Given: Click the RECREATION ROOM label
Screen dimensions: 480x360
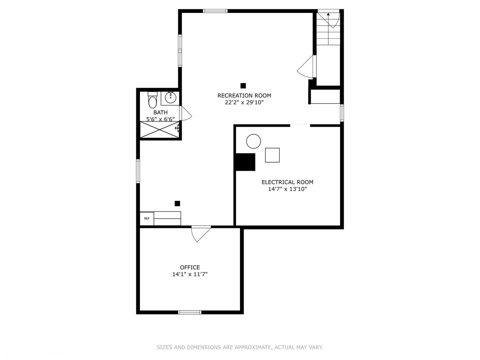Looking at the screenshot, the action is [244, 96].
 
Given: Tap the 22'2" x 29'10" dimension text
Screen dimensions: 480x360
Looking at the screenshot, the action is [244, 102].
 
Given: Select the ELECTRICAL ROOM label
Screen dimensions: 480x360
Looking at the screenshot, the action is [287, 182].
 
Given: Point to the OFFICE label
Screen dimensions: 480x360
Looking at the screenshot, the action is [190, 267].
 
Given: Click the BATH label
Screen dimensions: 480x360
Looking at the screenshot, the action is [161, 112].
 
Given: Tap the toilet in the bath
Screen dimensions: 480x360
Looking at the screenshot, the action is [152, 100].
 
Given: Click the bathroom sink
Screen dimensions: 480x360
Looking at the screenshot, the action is [170, 98].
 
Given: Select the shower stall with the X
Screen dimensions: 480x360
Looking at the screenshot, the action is [160, 130].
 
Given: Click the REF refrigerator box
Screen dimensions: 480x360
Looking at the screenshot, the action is [147, 218].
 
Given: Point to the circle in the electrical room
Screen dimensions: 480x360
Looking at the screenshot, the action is [253, 141].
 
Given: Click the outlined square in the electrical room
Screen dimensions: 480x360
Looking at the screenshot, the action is [272, 155].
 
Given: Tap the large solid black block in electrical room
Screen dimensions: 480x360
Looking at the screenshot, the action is [245, 162].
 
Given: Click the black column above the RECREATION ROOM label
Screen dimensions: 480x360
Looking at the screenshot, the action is [243, 86].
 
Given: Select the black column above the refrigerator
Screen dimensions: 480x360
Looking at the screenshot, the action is [177, 203].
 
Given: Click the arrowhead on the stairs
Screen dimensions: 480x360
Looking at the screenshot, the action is [328, 14].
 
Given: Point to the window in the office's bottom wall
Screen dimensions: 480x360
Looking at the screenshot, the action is [190, 312].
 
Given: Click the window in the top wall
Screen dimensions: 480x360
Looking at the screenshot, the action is [215, 11].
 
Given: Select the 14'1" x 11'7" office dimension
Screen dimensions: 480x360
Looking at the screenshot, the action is [190, 274].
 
